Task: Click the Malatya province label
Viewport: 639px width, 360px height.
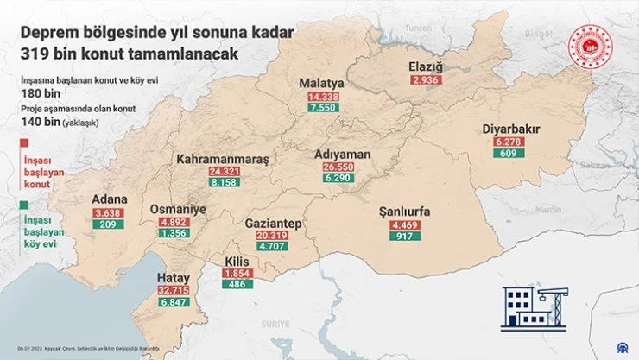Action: coord(321,83)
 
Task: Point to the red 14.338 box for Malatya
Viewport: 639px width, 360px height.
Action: coord(321,97)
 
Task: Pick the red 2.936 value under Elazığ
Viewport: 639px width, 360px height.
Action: coord(426,80)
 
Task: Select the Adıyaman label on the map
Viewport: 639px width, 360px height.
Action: coord(343,154)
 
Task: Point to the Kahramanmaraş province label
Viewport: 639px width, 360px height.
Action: coord(223,159)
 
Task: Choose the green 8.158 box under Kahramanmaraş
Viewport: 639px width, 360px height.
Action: coord(223,184)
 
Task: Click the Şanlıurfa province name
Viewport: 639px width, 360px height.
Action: coord(404,212)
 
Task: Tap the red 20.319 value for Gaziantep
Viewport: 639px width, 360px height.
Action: coord(272,236)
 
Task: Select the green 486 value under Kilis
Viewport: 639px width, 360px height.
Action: coord(236,285)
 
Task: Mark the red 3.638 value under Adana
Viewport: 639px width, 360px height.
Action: coord(110,212)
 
